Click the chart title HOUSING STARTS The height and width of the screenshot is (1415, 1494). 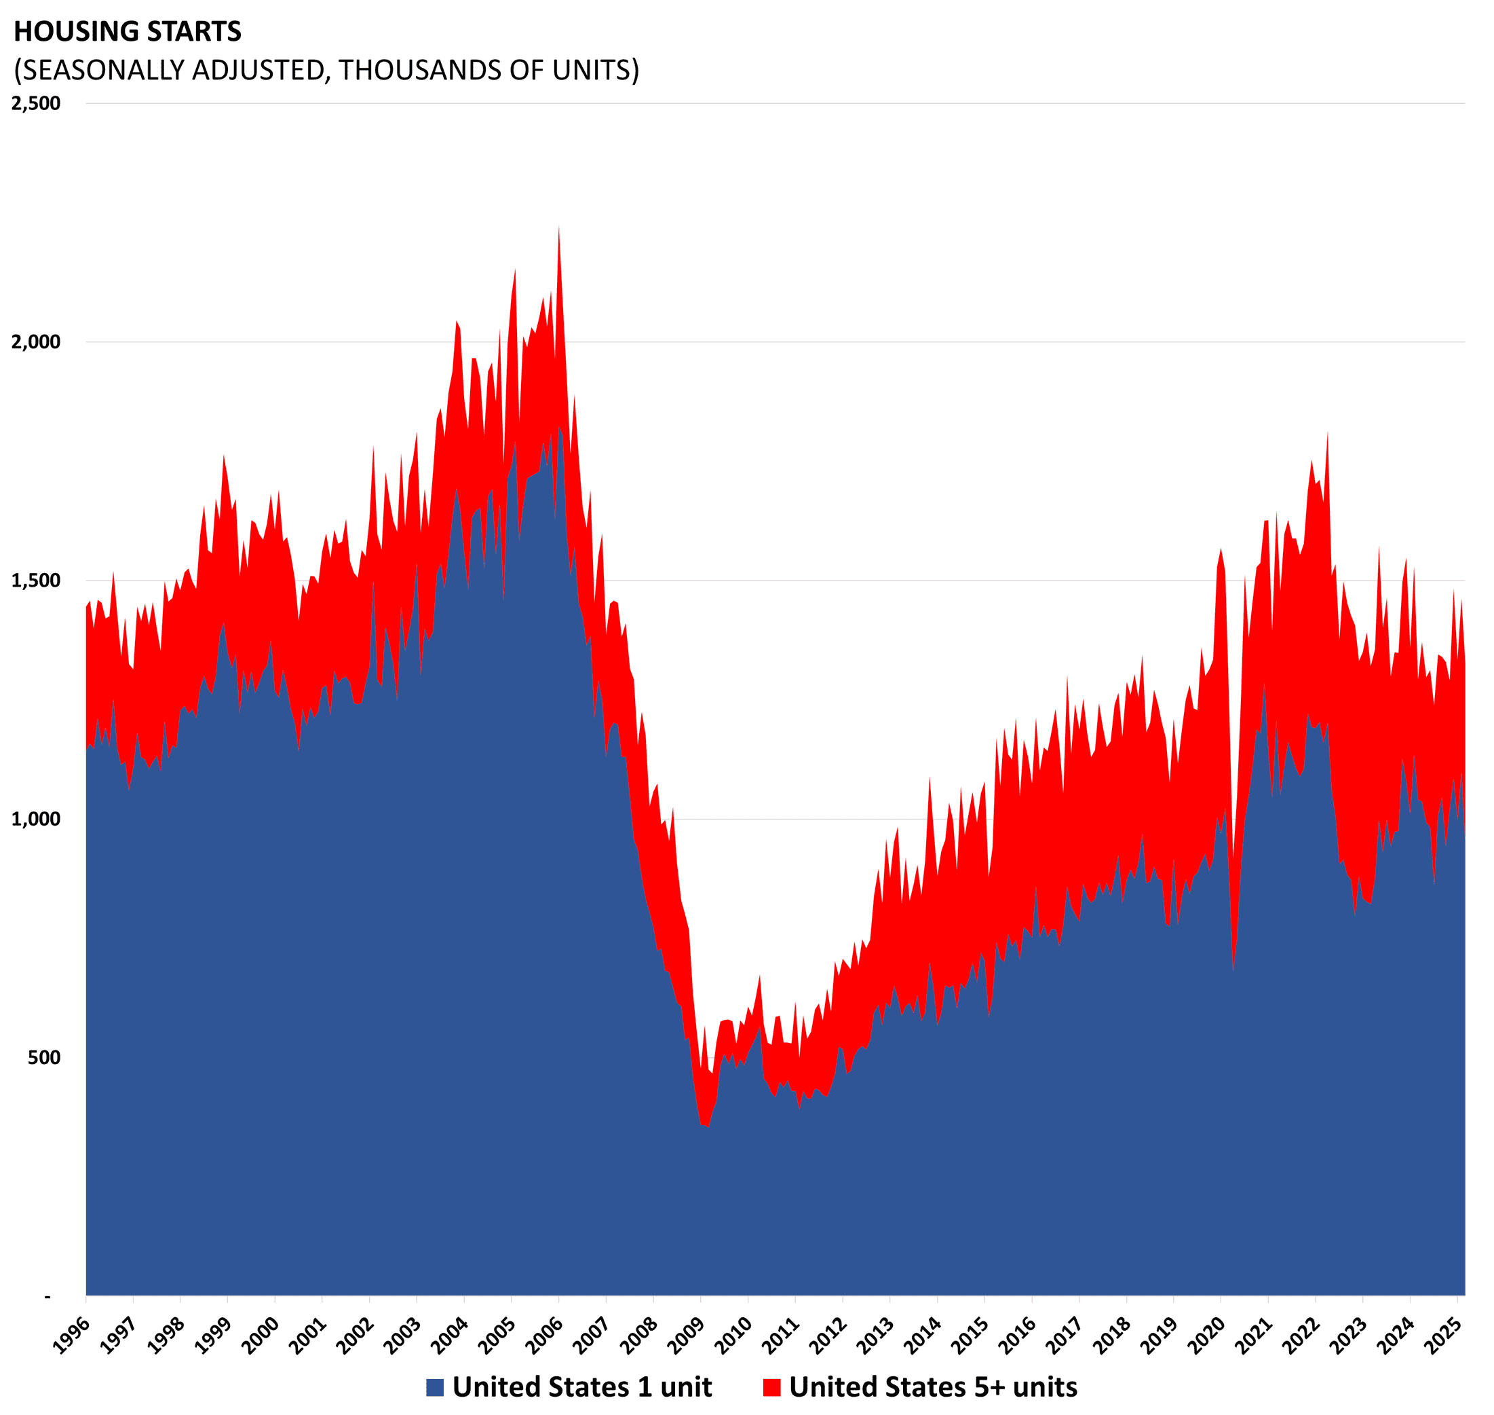tap(128, 32)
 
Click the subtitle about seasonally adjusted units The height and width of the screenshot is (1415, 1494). tap(326, 70)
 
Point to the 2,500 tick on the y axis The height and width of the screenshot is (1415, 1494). tap(36, 103)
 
